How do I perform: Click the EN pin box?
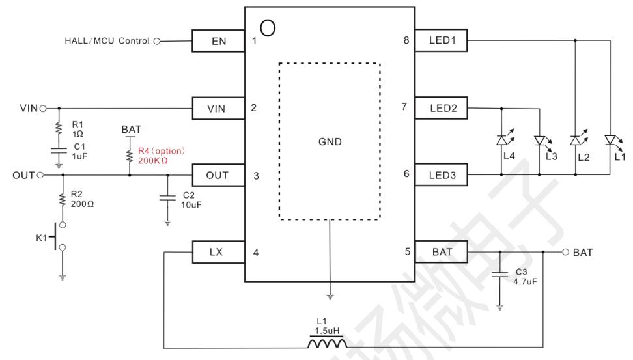tap(218, 41)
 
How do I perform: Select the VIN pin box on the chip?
tap(218, 108)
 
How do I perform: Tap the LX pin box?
tap(218, 252)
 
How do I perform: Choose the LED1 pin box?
tap(442, 40)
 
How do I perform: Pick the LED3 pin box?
tap(442, 174)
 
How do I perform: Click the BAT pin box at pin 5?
tap(442, 252)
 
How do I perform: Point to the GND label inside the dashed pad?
tap(330, 142)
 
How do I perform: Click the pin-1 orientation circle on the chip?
tap(268, 28)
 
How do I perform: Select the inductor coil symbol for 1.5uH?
tap(327, 343)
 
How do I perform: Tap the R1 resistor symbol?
tap(59, 129)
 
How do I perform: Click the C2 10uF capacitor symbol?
tap(167, 198)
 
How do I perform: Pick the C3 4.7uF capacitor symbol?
tap(499, 275)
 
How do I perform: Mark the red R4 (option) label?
tap(162, 151)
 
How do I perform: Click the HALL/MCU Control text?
tap(107, 41)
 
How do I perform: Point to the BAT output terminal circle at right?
tap(565, 252)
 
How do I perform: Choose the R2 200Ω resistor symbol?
tap(63, 199)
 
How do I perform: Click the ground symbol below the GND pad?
tap(330, 297)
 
